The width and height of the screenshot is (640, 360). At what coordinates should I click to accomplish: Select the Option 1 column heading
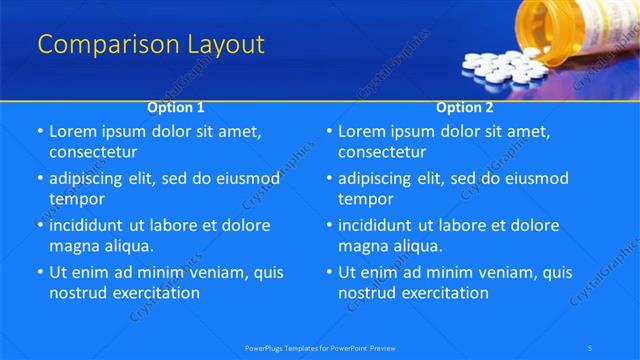pos(176,106)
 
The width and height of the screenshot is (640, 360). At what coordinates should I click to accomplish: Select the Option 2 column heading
pos(465,106)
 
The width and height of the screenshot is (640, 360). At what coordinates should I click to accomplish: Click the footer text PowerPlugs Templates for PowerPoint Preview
pos(320,347)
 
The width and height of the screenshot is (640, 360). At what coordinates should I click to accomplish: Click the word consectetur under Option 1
pos(93,152)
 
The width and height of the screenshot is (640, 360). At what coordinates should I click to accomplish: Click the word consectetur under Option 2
pos(382,152)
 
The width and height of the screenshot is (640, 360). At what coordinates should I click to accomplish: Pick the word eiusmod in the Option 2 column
pos(534,179)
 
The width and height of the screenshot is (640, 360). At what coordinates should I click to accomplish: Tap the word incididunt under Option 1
pos(90,225)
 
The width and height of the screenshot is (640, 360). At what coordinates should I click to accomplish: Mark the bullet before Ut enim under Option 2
pos(328,272)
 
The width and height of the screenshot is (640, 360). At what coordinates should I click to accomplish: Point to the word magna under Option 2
pos(360,245)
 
